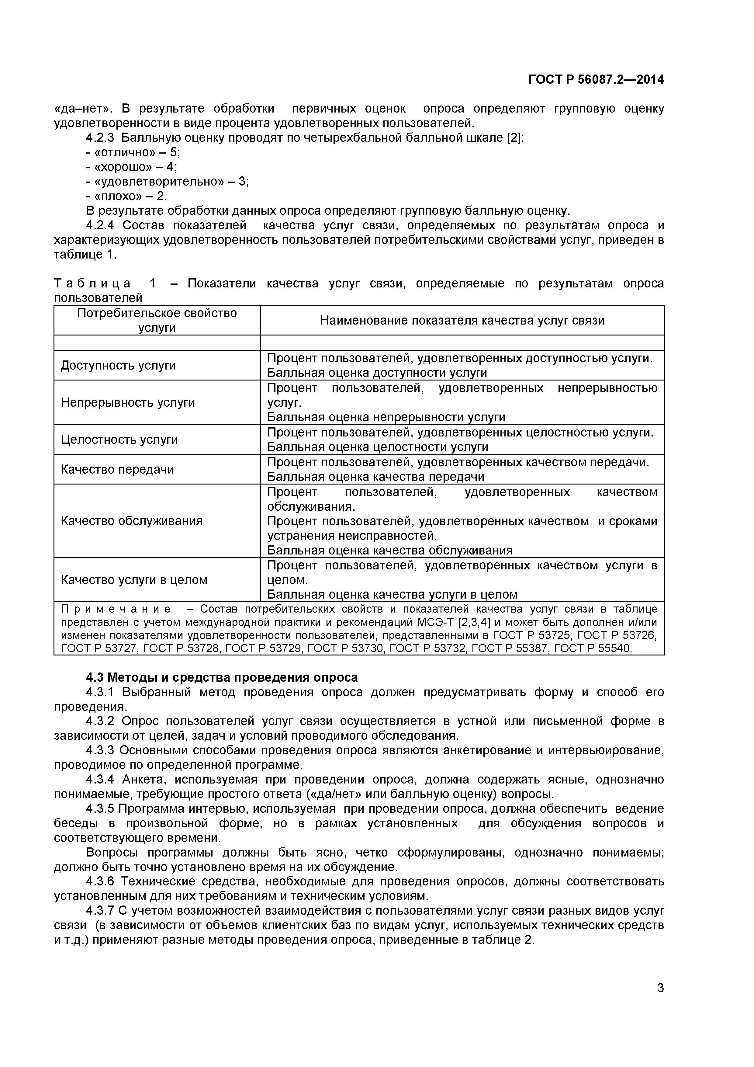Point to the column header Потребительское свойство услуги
click(x=157, y=320)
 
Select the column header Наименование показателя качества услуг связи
click(x=462, y=320)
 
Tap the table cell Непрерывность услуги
click(x=127, y=402)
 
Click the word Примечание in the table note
click(x=115, y=609)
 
